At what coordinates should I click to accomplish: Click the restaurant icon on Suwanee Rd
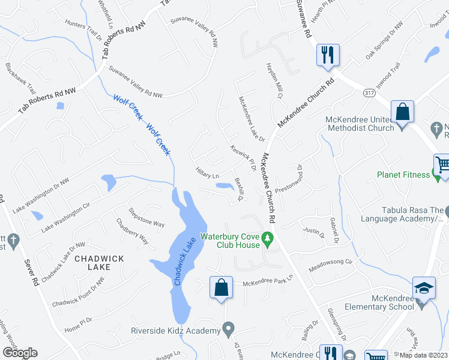click(328, 55)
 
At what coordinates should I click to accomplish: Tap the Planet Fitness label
click(403, 175)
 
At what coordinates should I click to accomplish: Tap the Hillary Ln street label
click(207, 174)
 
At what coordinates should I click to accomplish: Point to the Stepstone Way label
click(146, 217)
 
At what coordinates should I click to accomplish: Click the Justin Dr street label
click(314, 230)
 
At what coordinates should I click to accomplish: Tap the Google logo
click(20, 352)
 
